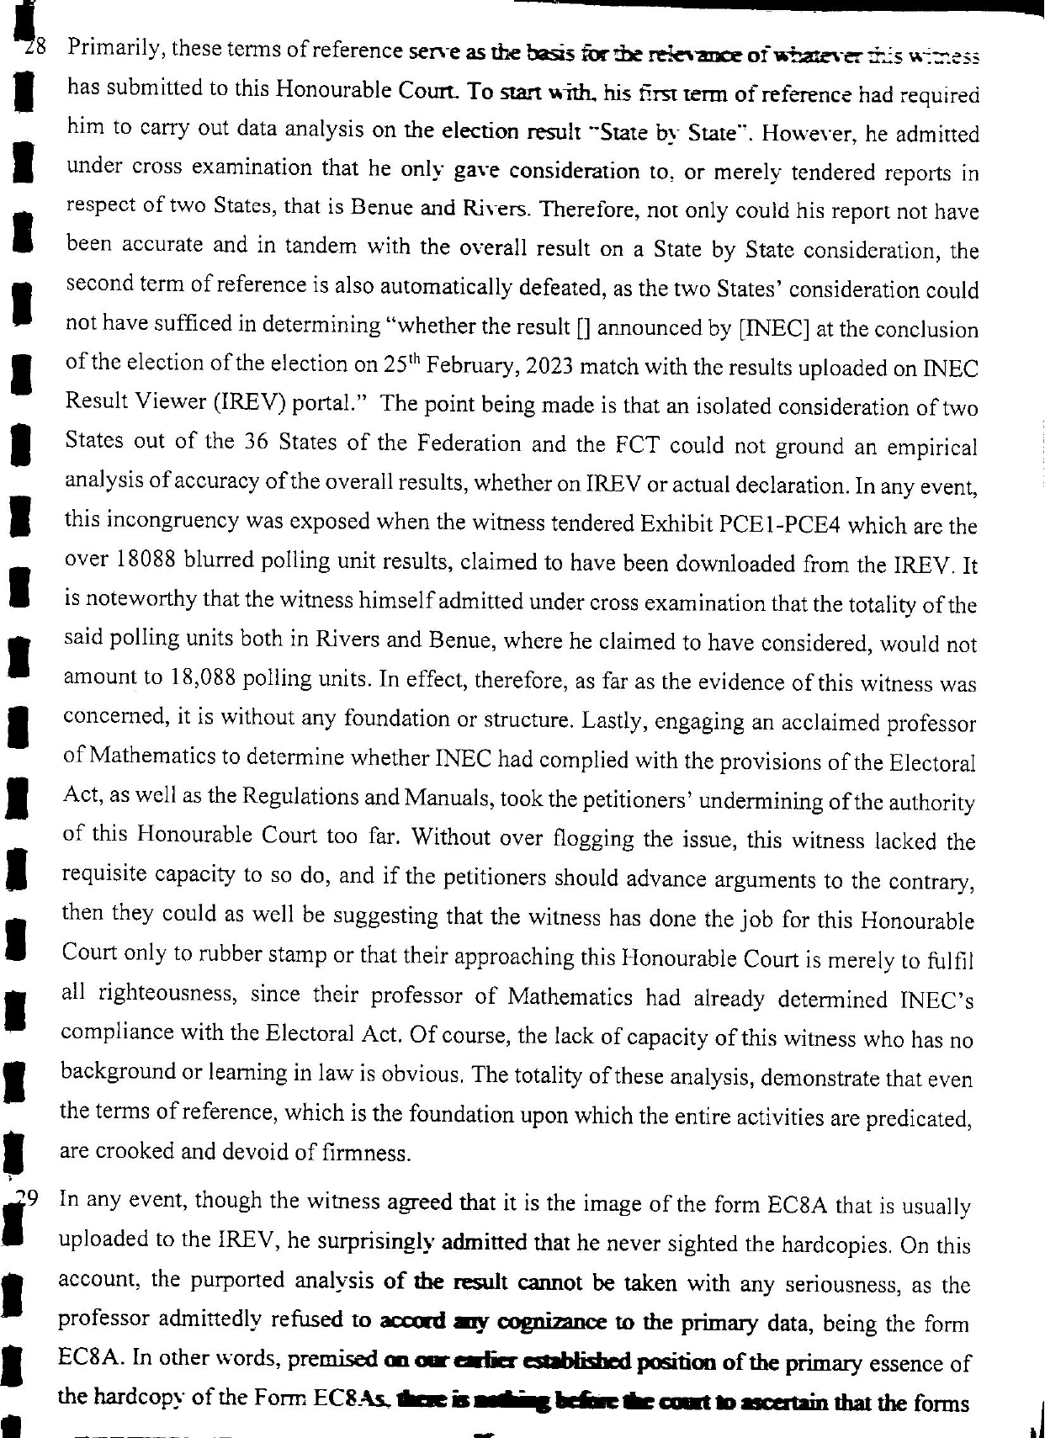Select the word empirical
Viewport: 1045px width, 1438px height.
pyautogui.click(x=934, y=447)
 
